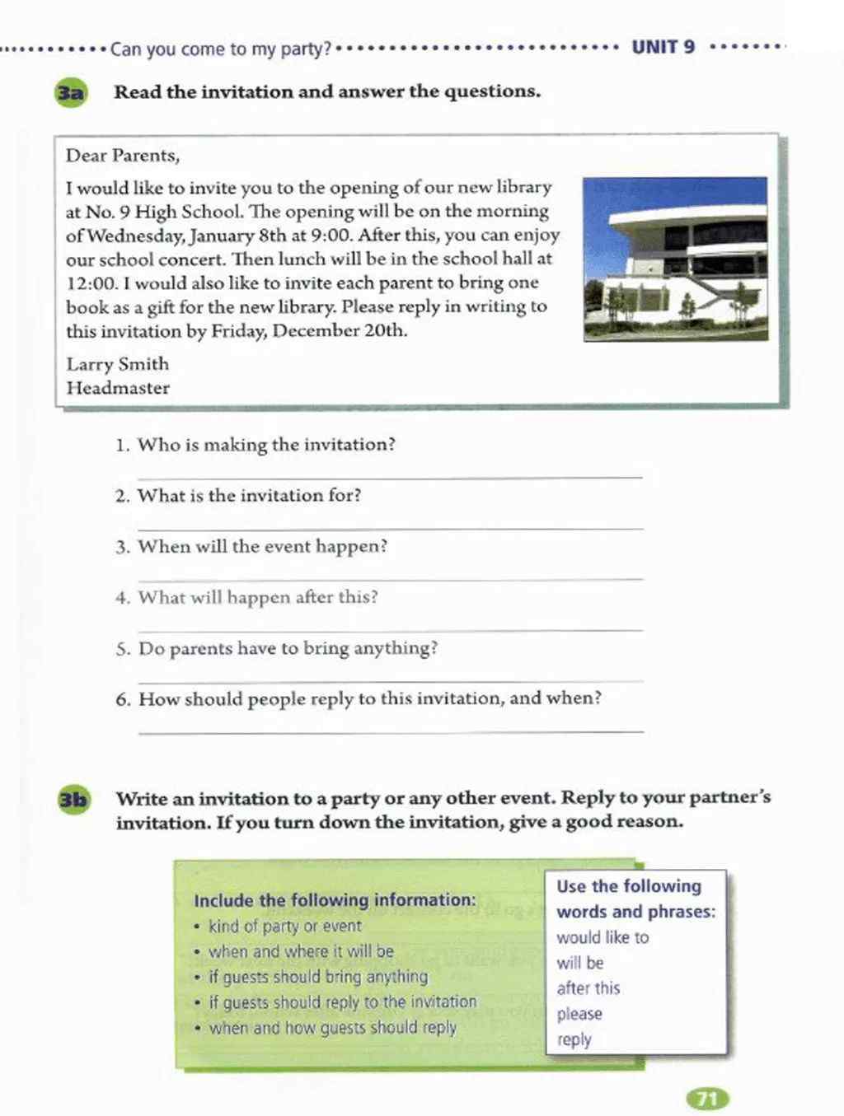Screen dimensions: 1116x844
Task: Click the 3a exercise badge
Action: tap(71, 93)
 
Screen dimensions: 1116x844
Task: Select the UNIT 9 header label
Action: tap(663, 47)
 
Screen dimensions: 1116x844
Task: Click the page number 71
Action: tap(707, 1098)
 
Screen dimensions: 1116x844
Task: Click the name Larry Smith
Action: tap(118, 364)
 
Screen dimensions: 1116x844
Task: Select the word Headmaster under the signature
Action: tap(118, 388)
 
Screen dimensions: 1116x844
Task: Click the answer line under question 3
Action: tap(390, 578)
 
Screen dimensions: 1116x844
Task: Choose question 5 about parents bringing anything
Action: tap(287, 649)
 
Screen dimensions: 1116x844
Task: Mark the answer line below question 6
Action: tap(390, 731)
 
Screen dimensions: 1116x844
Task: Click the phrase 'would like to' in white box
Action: tap(603, 937)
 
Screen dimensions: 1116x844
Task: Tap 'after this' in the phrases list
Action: tap(588, 988)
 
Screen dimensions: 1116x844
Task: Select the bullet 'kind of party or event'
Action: tap(284, 926)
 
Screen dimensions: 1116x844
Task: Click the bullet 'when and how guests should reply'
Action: tap(332, 1028)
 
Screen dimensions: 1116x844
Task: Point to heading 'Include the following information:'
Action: tap(335, 900)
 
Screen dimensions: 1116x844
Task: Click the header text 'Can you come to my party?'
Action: tap(220, 49)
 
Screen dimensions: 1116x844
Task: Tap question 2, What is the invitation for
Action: tap(249, 496)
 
